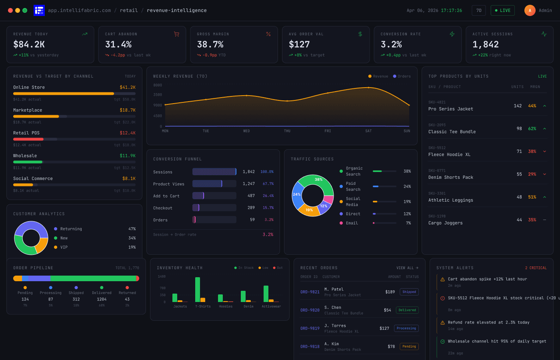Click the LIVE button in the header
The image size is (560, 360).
pyautogui.click(x=502, y=10)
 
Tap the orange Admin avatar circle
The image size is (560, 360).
pyautogui.click(x=530, y=10)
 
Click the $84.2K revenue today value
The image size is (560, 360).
pyautogui.click(x=29, y=44)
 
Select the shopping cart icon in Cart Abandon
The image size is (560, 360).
pyautogui.click(x=176, y=34)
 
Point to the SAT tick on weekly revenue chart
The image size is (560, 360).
pyautogui.click(x=368, y=131)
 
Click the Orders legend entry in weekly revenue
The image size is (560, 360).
pyautogui.click(x=402, y=76)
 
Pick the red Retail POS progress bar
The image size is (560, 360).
pyautogui.click(x=28, y=139)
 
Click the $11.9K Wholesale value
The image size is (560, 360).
pyautogui.click(x=128, y=156)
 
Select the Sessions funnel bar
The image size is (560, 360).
pyautogui.click(x=214, y=172)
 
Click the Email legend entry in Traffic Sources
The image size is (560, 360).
pyautogui.click(x=352, y=223)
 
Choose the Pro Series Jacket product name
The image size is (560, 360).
pyautogui.click(x=450, y=109)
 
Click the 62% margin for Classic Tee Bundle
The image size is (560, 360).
pyautogui.click(x=532, y=128)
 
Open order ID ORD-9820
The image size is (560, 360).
pyautogui.click(x=310, y=310)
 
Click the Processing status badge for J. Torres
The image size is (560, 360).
pyautogui.click(x=406, y=328)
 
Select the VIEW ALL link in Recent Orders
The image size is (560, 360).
pyautogui.click(x=407, y=268)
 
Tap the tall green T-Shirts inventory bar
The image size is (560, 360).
pyautogui.click(x=198, y=289)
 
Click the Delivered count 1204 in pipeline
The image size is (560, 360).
pyautogui.click(x=102, y=299)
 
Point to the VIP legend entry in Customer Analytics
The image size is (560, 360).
pyautogui.click(x=64, y=247)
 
